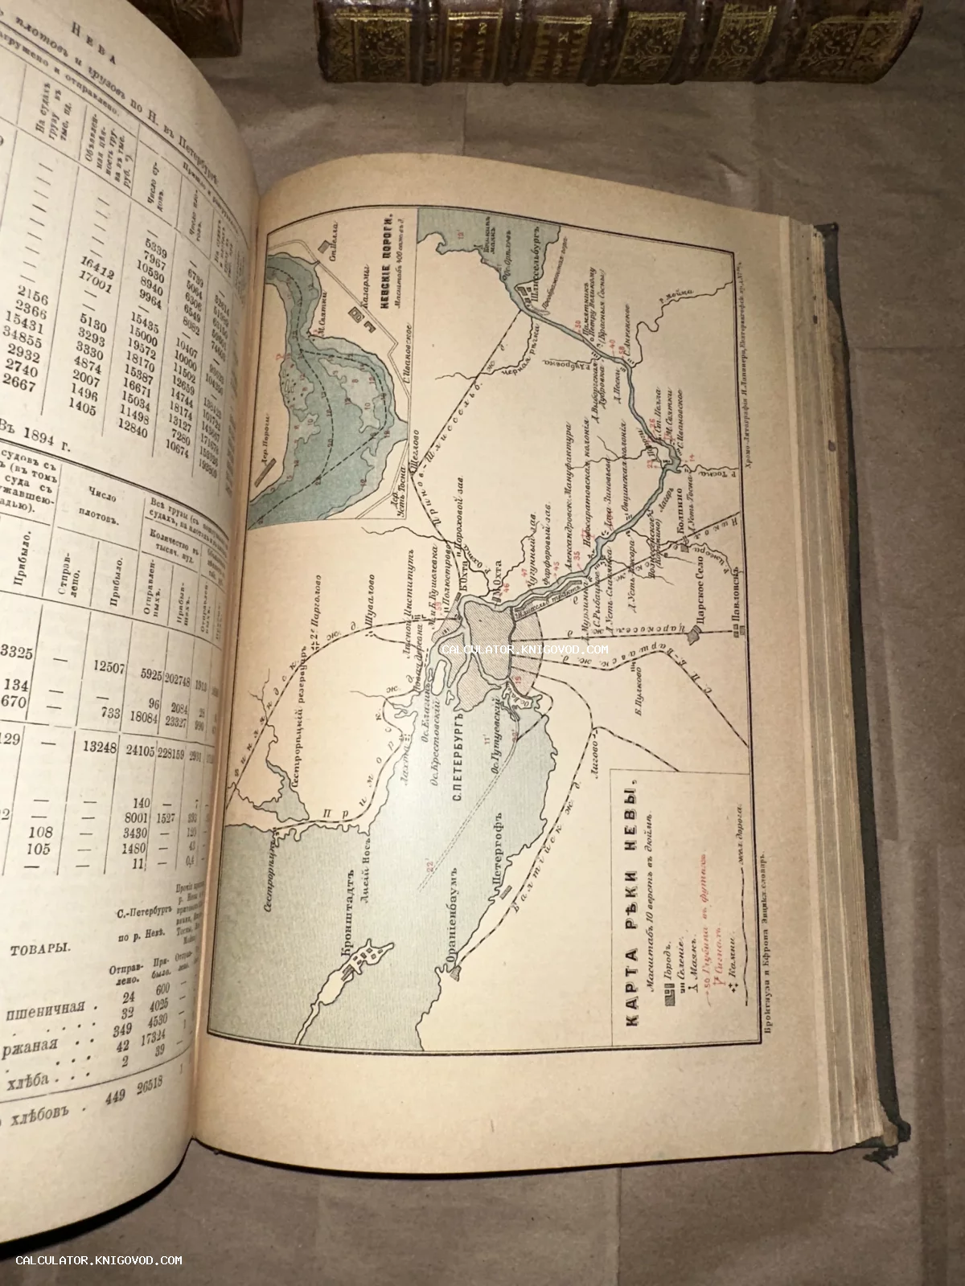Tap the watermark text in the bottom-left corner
coord(99,1260)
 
